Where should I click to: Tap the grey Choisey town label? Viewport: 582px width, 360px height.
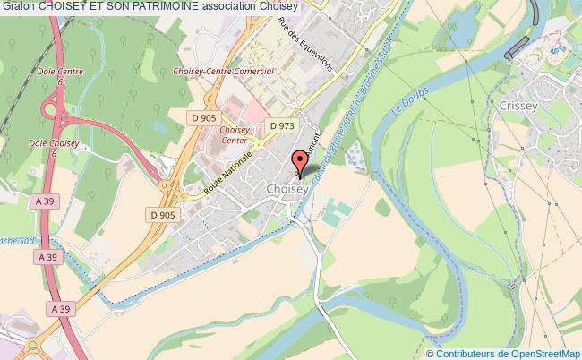(287, 189)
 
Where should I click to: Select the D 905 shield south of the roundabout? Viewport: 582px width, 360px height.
(162, 214)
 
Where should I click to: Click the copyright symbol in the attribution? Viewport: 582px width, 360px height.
(435, 353)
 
